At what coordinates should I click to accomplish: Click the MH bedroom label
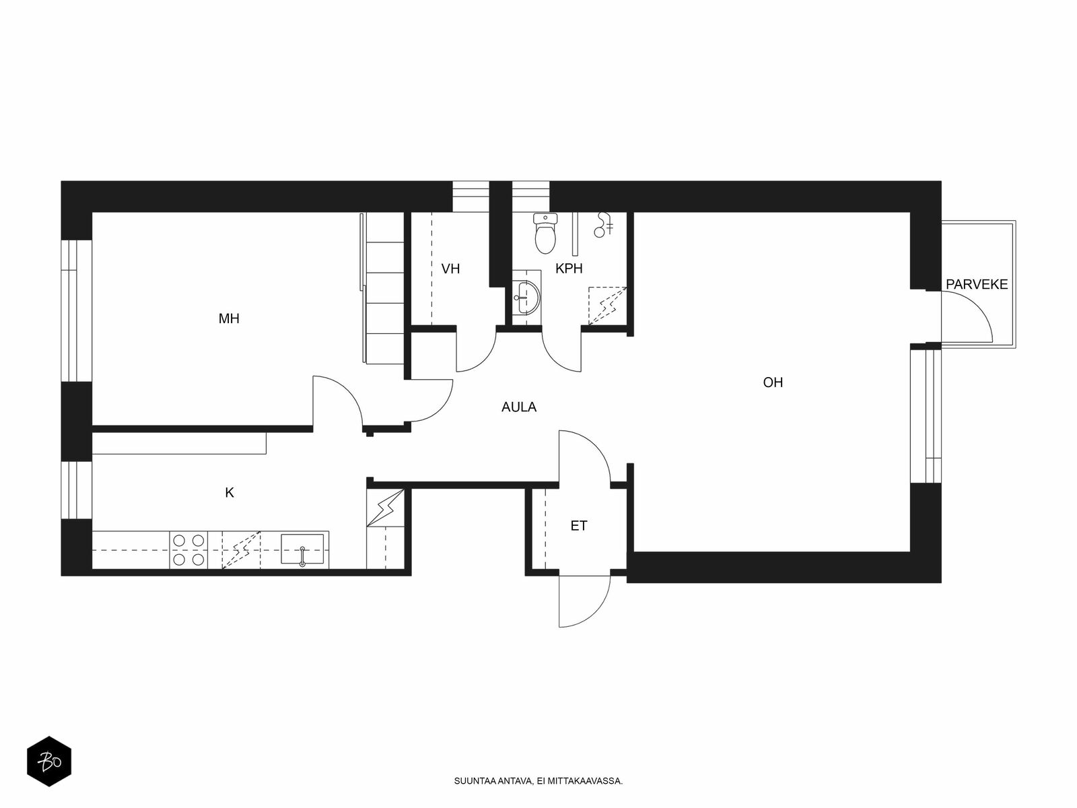click(229, 319)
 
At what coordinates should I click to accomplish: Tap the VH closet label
click(450, 269)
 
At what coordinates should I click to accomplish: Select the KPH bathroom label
click(569, 269)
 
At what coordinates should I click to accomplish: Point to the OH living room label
click(773, 382)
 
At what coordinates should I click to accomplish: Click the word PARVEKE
click(977, 285)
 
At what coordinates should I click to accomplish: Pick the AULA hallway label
click(518, 407)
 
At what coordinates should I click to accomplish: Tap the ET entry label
click(578, 526)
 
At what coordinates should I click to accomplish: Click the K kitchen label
click(229, 493)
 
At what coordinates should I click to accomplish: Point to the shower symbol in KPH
click(604, 225)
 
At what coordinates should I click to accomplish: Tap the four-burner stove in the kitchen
click(189, 550)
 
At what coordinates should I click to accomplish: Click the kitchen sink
click(302, 549)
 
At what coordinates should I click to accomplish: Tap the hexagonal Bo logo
click(49, 762)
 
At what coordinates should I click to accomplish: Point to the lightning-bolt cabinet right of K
click(386, 507)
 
